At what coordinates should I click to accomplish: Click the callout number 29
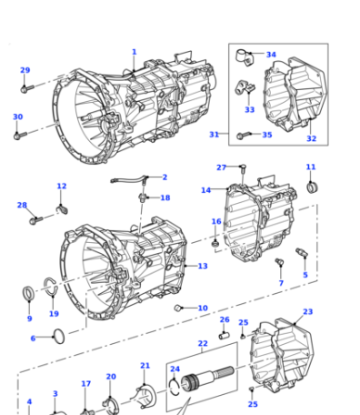click(x=25, y=70)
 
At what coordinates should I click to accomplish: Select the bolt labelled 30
click(x=20, y=136)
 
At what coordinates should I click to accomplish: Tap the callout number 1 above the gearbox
click(x=135, y=52)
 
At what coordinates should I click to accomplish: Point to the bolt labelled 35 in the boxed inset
click(x=244, y=136)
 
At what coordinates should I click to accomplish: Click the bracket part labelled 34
click(x=245, y=57)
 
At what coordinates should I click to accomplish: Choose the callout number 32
click(x=312, y=138)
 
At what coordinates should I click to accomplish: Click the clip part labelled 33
click(x=245, y=87)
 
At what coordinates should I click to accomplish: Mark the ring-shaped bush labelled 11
click(x=313, y=187)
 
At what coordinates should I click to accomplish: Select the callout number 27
click(x=222, y=167)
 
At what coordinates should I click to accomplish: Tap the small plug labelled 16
click(x=215, y=243)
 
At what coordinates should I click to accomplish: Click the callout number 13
click(x=203, y=266)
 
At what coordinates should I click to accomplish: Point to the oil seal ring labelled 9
click(x=29, y=293)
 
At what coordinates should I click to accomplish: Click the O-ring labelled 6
click(x=59, y=337)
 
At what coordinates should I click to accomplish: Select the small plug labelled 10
click(x=177, y=309)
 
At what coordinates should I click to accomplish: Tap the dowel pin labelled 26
click(x=225, y=336)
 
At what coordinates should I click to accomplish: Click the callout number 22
click(x=203, y=343)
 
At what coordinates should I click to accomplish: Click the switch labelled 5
click(x=302, y=252)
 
